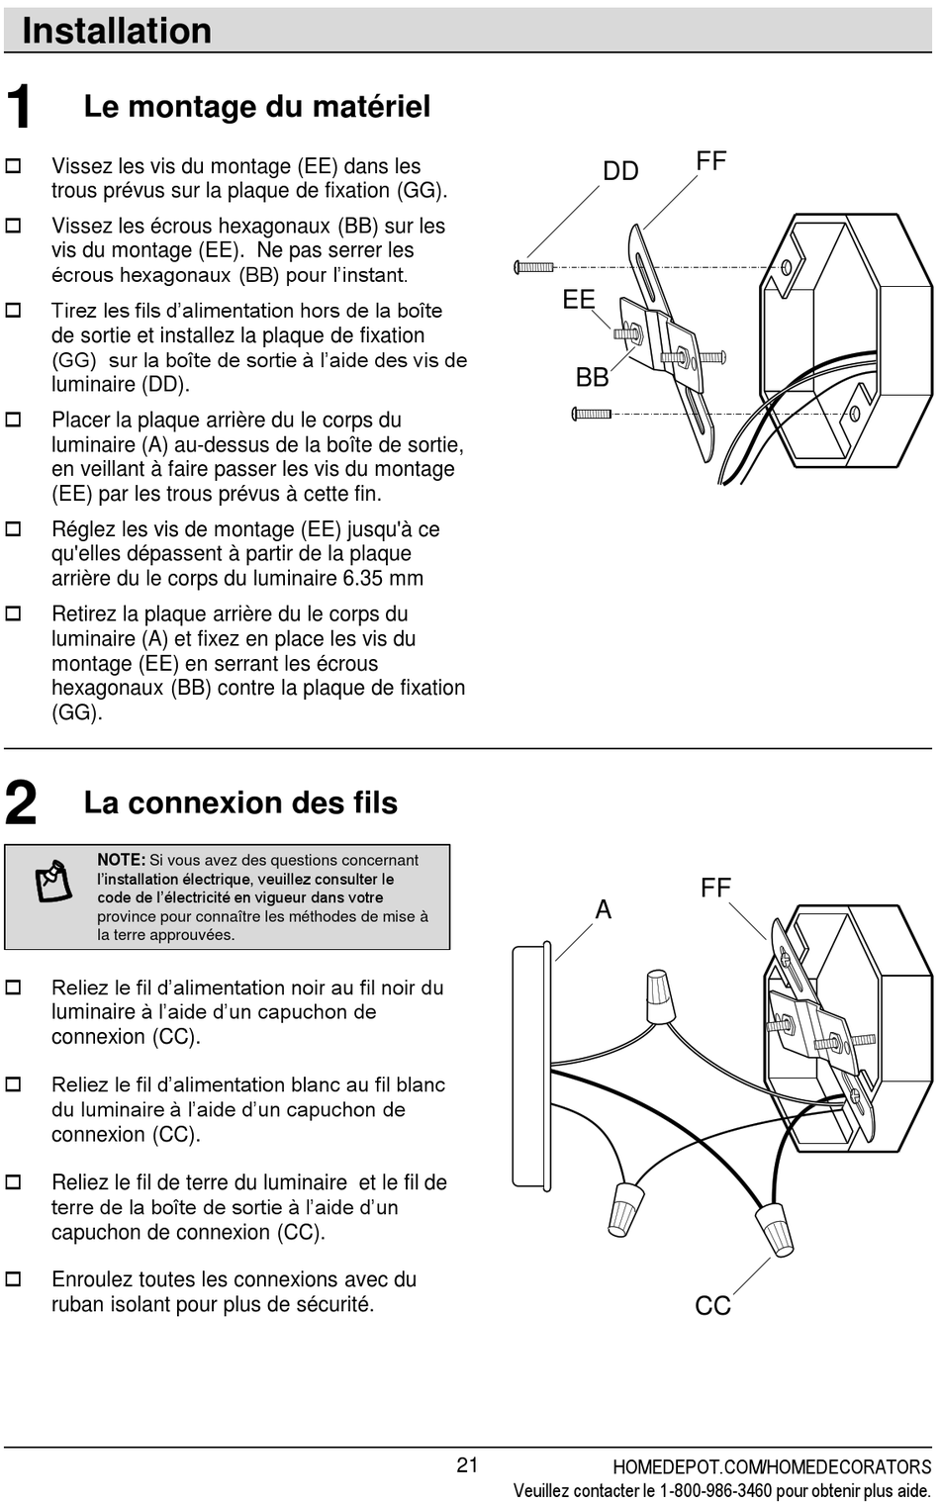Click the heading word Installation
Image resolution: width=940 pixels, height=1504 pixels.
pyautogui.click(x=117, y=31)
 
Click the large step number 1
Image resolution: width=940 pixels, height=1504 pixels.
pyautogui.click(x=19, y=108)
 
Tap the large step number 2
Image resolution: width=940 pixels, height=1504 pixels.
pyautogui.click(x=21, y=802)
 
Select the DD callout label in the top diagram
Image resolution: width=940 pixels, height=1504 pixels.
pyautogui.click(x=620, y=171)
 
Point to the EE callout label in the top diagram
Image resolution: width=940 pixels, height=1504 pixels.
pyautogui.click(x=579, y=300)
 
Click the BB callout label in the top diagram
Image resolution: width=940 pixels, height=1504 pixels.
pyautogui.click(x=592, y=377)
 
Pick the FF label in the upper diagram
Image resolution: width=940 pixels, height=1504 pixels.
pyautogui.click(x=711, y=160)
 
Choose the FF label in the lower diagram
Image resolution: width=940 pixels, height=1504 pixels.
pyautogui.click(x=715, y=888)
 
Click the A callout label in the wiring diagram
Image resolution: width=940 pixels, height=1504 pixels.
pyautogui.click(x=603, y=909)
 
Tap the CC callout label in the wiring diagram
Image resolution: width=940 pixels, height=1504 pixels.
pyautogui.click(x=712, y=1306)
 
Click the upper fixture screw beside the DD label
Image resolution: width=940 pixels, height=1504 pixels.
pyautogui.click(x=534, y=267)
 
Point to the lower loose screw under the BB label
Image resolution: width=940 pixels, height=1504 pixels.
pyautogui.click(x=592, y=415)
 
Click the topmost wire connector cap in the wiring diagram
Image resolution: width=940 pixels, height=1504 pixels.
pyautogui.click(x=660, y=995)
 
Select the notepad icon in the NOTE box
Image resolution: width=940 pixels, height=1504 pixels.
pyautogui.click(x=54, y=881)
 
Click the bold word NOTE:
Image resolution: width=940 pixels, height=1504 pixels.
pyautogui.click(x=121, y=860)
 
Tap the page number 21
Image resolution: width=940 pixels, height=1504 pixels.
pyautogui.click(x=467, y=1465)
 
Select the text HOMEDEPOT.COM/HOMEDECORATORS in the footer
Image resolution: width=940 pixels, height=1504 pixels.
pyautogui.click(x=772, y=1467)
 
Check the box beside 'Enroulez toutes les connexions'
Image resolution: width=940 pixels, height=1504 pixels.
pyautogui.click(x=14, y=1279)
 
